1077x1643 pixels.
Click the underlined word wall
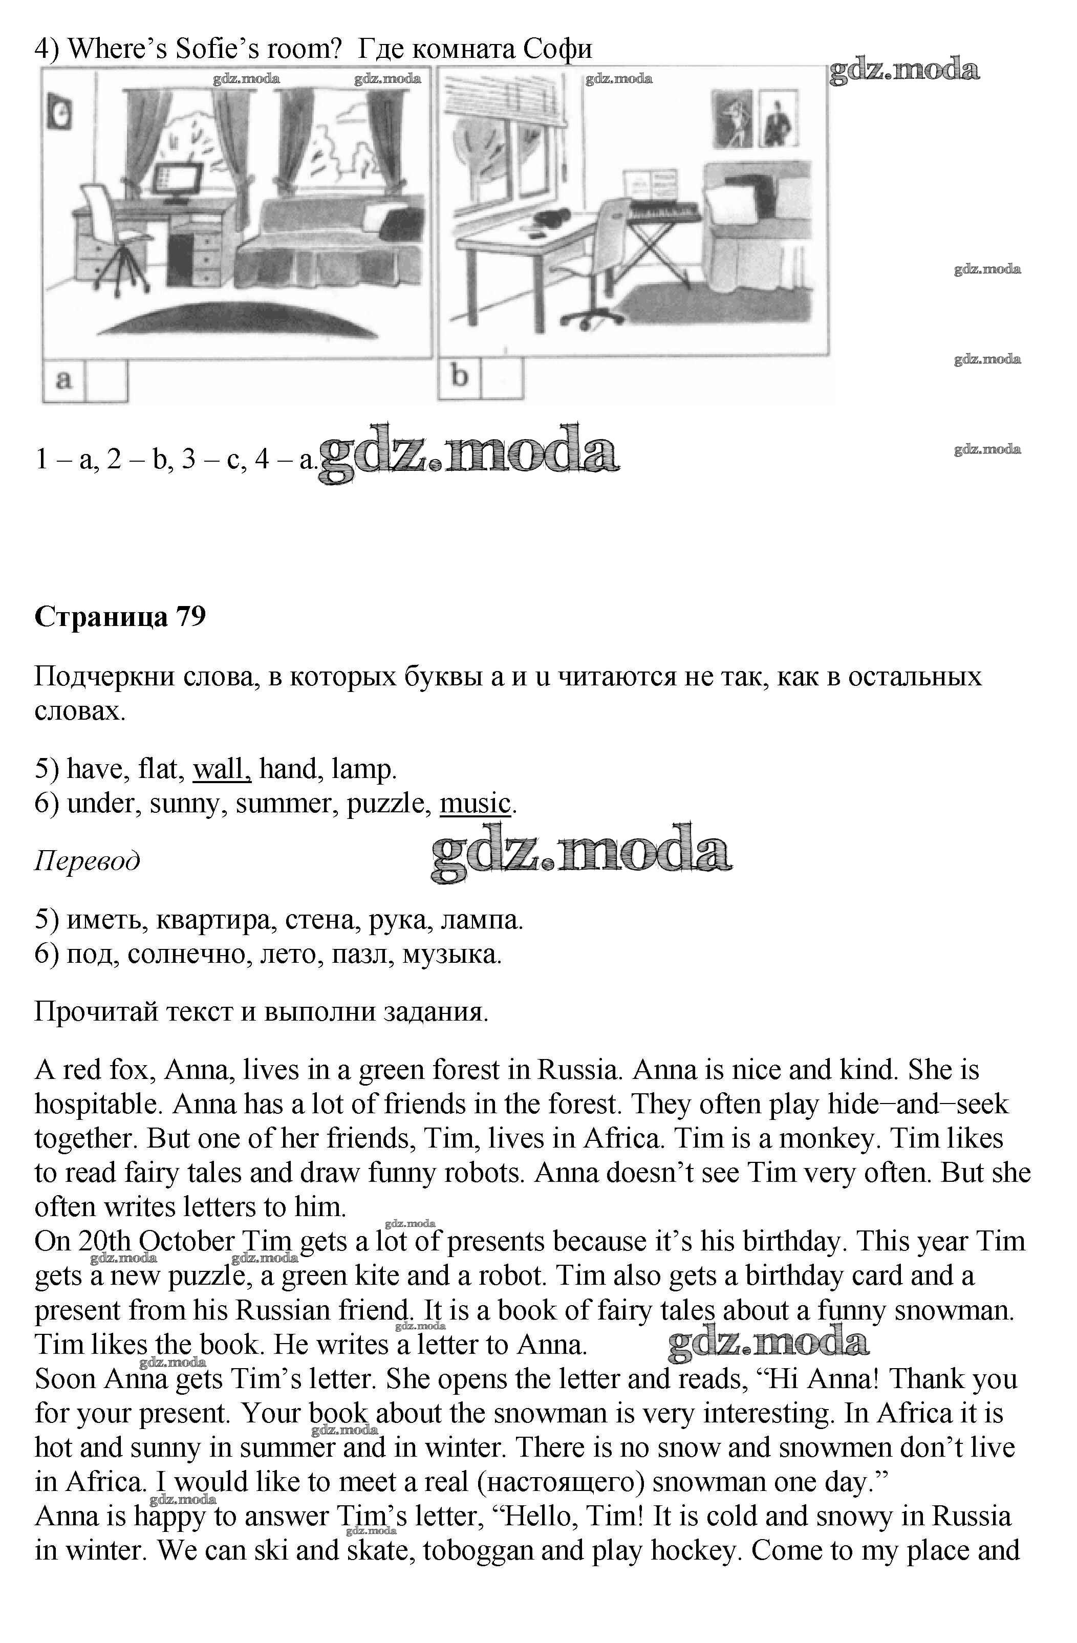(x=221, y=769)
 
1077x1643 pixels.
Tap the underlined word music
(x=475, y=804)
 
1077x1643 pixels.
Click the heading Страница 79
(x=120, y=616)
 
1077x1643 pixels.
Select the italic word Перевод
(x=87, y=861)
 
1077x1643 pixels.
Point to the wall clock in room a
(x=59, y=113)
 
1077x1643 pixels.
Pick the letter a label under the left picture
(x=63, y=380)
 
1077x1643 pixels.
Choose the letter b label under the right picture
(x=460, y=377)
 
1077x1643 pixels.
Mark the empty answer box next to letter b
(x=502, y=378)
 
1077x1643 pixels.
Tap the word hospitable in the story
(x=95, y=1105)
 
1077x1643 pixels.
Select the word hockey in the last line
(x=691, y=1570)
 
